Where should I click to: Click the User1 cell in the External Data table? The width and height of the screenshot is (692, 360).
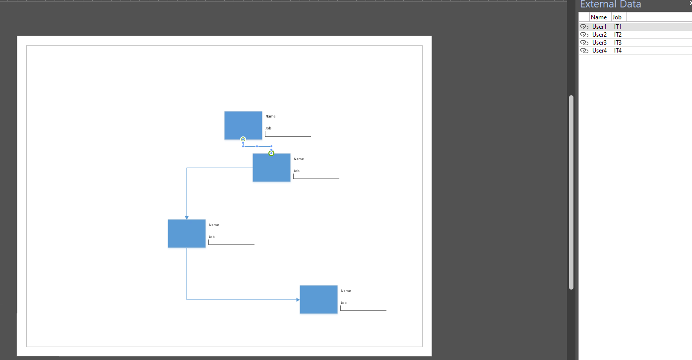tap(599, 27)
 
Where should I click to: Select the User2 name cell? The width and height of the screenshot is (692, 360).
tap(599, 35)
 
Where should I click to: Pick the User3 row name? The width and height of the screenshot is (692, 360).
tap(599, 43)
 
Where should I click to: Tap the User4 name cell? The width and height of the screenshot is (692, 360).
tap(599, 51)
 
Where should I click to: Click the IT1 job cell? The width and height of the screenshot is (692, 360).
tap(618, 27)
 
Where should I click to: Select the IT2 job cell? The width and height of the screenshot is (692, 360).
tap(618, 35)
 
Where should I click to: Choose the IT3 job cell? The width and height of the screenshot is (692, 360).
tap(618, 43)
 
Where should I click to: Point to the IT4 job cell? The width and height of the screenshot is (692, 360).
tap(618, 51)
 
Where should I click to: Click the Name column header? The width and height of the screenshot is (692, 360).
tap(599, 17)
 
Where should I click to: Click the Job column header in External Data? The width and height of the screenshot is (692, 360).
tap(617, 17)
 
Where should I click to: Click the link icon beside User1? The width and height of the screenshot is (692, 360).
tap(584, 27)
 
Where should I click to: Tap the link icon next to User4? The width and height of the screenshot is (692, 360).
tap(584, 51)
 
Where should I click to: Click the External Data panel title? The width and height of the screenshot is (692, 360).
tap(611, 4)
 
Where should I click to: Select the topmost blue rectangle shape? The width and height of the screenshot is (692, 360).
tap(243, 125)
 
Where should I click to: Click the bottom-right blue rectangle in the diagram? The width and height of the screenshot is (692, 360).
tap(318, 300)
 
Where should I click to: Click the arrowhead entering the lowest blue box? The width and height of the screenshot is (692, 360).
tap(298, 300)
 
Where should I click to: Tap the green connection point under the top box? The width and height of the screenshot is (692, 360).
tap(243, 139)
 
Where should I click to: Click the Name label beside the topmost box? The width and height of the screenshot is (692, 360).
tap(270, 117)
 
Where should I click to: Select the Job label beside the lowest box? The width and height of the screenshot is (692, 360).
tap(344, 302)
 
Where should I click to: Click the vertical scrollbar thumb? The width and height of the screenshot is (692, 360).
tap(571, 192)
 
